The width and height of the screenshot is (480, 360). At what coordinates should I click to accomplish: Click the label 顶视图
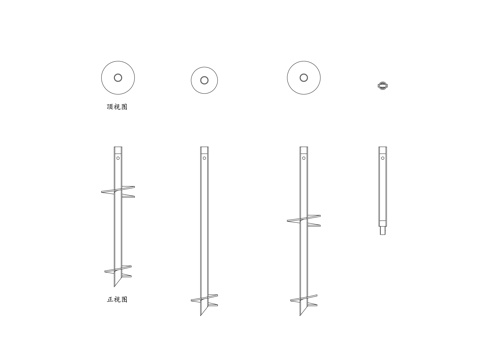tap(117, 107)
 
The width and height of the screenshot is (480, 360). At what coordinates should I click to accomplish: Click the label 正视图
tap(117, 299)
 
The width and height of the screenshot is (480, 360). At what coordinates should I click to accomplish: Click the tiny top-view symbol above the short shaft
tap(383, 86)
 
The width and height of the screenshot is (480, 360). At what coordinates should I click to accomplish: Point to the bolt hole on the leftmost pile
tap(118, 158)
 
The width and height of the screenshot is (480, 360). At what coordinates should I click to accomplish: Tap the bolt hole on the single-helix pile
tap(204, 158)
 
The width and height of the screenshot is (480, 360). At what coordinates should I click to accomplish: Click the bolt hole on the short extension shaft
tap(383, 158)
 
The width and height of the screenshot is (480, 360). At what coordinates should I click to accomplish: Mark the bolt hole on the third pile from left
tap(304, 158)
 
